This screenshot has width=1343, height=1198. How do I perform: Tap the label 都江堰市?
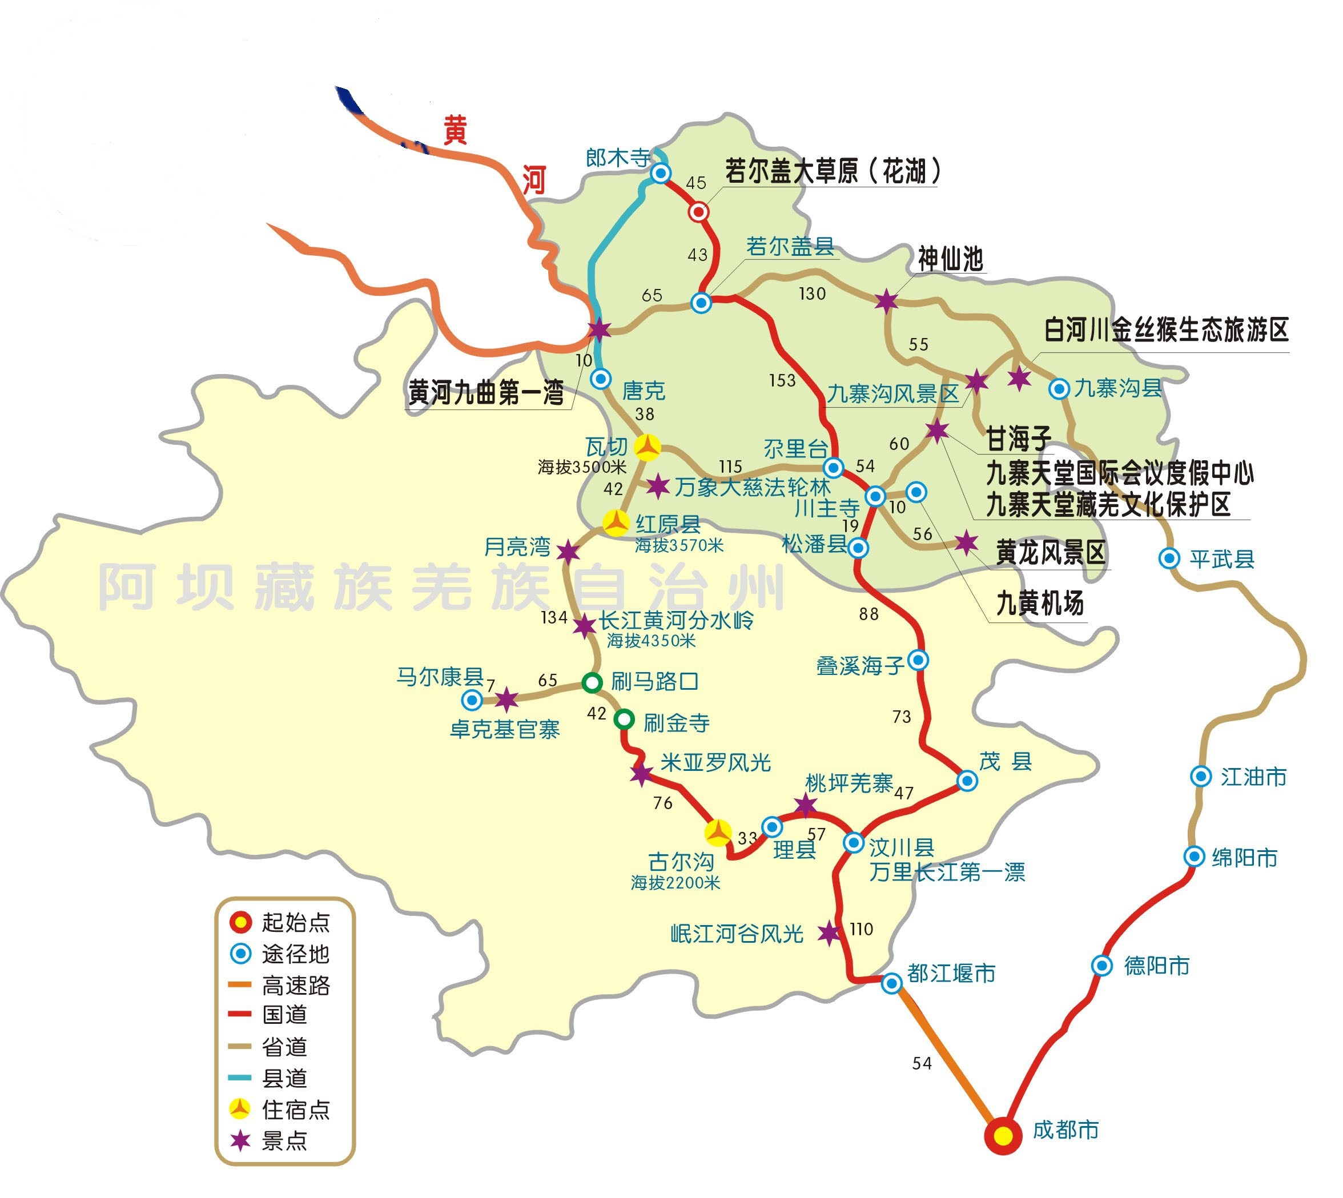[x=951, y=973]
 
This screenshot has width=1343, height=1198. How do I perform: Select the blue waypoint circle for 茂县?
[x=967, y=781]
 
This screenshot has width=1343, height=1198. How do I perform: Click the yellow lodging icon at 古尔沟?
[x=718, y=833]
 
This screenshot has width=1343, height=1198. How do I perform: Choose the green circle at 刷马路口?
[x=593, y=682]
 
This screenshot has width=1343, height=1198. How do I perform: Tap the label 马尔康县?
[x=440, y=676]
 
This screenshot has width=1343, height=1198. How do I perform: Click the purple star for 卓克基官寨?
[x=506, y=699]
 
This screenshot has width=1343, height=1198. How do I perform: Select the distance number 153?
[x=782, y=380]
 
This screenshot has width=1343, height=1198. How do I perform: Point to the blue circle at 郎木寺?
[x=660, y=173]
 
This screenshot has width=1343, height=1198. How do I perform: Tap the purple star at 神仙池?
[x=887, y=301]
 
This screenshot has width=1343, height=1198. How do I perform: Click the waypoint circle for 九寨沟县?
[x=1059, y=389]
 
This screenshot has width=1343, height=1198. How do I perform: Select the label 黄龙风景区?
[x=1050, y=552]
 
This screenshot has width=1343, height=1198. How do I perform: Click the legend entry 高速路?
[x=296, y=986]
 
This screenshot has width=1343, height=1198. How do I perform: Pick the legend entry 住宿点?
[x=296, y=1110]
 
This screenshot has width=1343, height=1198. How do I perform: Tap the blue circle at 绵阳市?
[x=1194, y=857]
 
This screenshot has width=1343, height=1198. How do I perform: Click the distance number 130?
[x=813, y=294]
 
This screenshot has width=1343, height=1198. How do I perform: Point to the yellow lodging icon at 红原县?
[x=617, y=522]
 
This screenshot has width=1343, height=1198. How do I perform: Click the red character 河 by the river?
[x=534, y=180]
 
